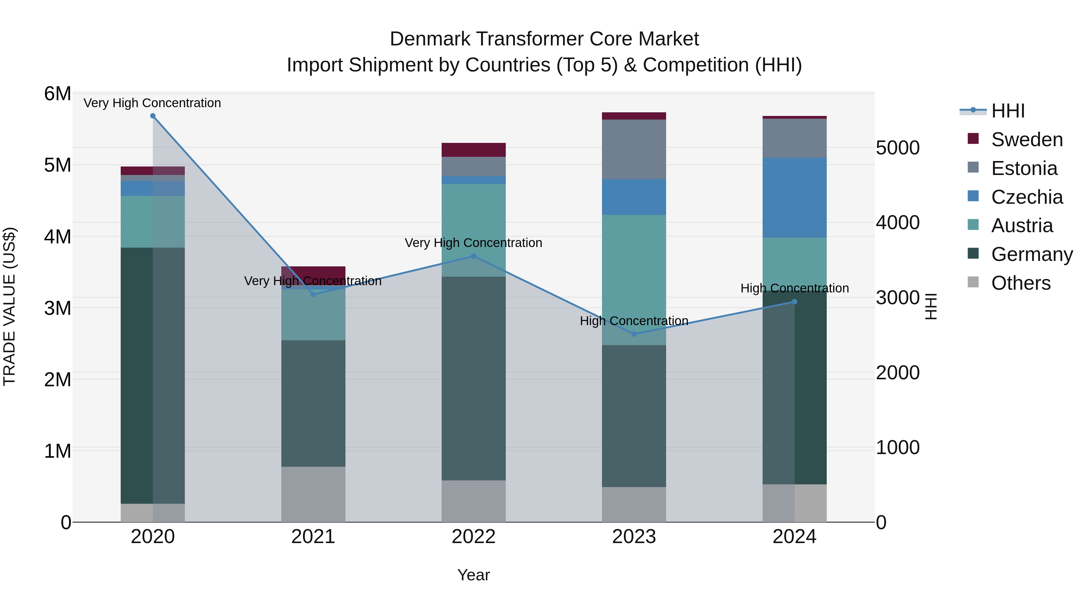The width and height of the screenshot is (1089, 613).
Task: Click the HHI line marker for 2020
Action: coord(153,116)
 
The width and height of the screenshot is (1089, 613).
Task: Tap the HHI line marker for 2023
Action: coord(634,334)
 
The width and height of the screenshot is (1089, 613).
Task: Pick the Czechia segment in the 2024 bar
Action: coord(794,198)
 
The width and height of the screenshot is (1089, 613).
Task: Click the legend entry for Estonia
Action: coord(1024,168)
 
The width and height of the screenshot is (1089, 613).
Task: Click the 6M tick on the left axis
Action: coord(57,94)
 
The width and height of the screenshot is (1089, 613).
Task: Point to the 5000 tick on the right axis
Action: coord(897,148)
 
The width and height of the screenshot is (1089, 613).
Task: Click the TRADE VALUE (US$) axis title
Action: coord(9,306)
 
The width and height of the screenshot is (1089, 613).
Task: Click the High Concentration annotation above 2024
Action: coord(794,288)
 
